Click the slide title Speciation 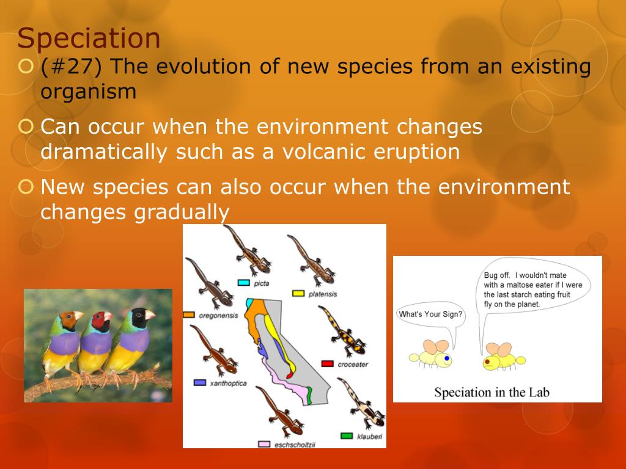(89, 39)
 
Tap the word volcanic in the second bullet (323, 151)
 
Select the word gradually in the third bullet (182, 212)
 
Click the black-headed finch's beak (150, 315)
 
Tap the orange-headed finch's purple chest (65, 343)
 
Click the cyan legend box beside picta (243, 283)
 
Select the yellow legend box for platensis (298, 294)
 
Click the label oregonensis (218, 316)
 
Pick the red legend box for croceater (328, 364)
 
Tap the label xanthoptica (229, 384)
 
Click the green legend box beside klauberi (347, 436)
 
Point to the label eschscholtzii (295, 445)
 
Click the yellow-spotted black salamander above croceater (342, 332)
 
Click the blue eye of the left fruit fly (447, 358)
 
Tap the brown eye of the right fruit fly (487, 362)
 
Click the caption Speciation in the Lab (492, 393)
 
